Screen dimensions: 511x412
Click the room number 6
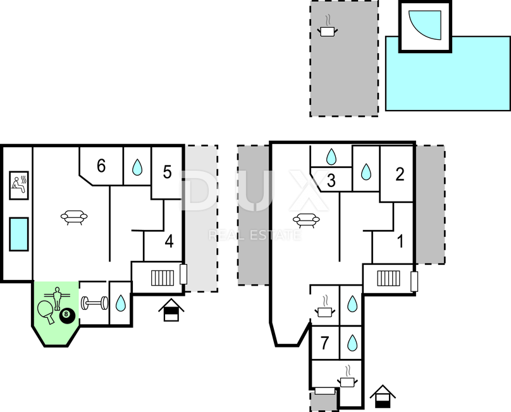pyautogui.click(x=101, y=166)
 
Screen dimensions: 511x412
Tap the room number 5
pyautogui.click(x=167, y=172)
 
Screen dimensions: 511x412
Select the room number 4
pyautogui.click(x=169, y=241)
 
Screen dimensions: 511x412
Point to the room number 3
pyautogui.click(x=331, y=181)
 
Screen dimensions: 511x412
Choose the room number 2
pyautogui.click(x=400, y=174)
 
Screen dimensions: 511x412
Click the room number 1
pyautogui.click(x=400, y=241)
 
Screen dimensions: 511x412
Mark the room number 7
pyautogui.click(x=324, y=343)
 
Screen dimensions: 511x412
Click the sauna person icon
pyautogui.click(x=19, y=185)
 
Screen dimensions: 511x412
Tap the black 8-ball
pyautogui.click(x=67, y=315)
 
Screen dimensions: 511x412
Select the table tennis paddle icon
pyautogui.click(x=46, y=311)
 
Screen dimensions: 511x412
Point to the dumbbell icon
pyautogui.click(x=94, y=303)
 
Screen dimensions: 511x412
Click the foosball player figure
pyautogui.click(x=58, y=298)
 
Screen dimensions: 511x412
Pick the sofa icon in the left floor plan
pyautogui.click(x=74, y=217)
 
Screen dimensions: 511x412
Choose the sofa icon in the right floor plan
pyautogui.click(x=306, y=220)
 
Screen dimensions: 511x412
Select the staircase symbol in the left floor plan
pyautogui.click(x=163, y=278)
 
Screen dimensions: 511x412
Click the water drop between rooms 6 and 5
pyautogui.click(x=137, y=167)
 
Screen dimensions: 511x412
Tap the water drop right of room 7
pyautogui.click(x=352, y=342)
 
